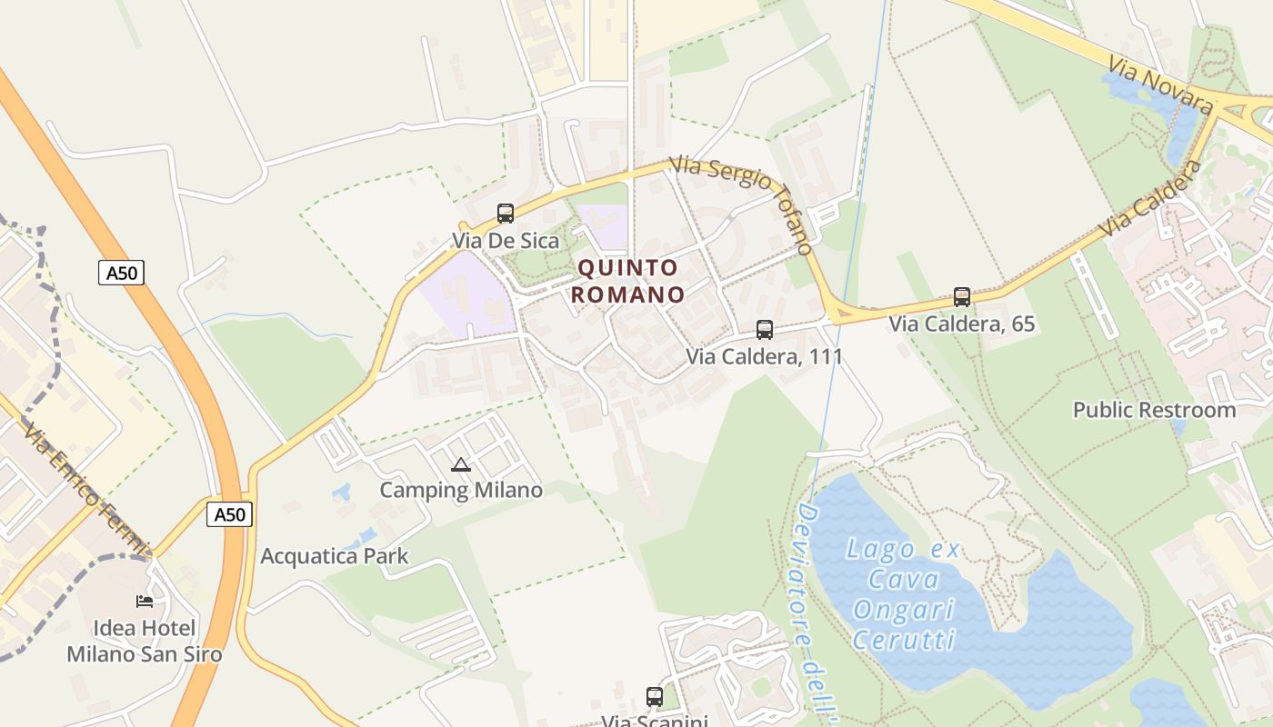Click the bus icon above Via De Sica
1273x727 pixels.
pos(506,214)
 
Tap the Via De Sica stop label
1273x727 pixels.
pos(506,241)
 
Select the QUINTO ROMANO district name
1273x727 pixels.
pos(629,281)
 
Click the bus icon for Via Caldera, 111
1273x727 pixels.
pos(765,330)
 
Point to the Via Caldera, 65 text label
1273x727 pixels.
pos(962,324)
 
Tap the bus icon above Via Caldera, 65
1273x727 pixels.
pos(962,297)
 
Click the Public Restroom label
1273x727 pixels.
pos(1154,410)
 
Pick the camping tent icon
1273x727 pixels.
pos(461,465)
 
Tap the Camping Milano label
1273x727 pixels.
pos(461,491)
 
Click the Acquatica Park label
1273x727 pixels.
pos(335,556)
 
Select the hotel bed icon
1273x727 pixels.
pos(145,601)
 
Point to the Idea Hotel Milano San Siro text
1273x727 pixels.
pos(145,641)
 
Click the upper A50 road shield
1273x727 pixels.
pos(122,273)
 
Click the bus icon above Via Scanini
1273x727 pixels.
pos(655,697)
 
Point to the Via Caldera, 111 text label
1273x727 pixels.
pos(765,356)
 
